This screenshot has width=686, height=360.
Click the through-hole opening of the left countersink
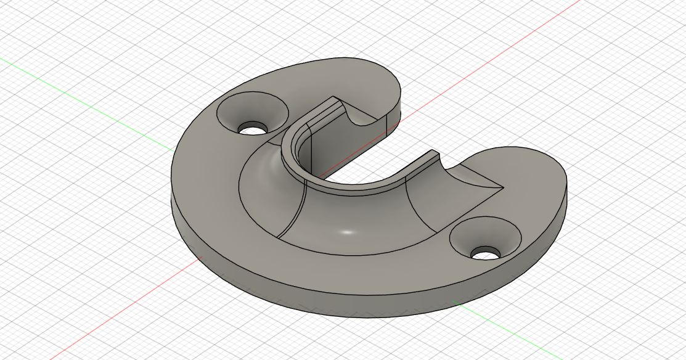pos(253,129)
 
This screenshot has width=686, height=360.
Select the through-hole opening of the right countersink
pos(486,253)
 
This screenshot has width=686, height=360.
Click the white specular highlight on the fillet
pos(347,232)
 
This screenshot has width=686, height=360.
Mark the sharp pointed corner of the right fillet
pos(504,187)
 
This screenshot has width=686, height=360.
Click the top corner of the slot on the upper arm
pos(333,97)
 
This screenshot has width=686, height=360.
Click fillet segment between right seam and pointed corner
pos(456,191)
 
